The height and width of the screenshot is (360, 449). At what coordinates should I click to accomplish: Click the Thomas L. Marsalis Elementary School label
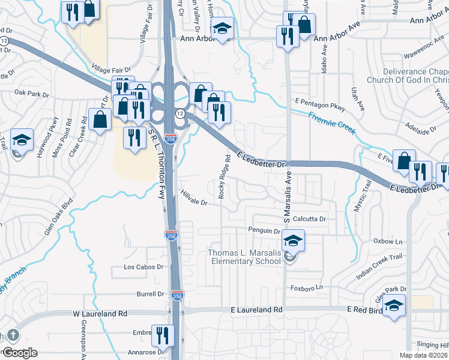click(244, 257)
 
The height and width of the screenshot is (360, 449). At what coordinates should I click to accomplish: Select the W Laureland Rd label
click(100, 313)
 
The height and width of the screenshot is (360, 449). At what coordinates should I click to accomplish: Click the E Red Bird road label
click(366, 308)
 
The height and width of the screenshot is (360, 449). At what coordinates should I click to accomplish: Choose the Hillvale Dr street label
click(193, 199)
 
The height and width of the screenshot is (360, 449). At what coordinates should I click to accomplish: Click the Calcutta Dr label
click(309, 219)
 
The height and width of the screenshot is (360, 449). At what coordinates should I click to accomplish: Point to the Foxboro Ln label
click(307, 287)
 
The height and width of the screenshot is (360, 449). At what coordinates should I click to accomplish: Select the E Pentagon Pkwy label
click(321, 103)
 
